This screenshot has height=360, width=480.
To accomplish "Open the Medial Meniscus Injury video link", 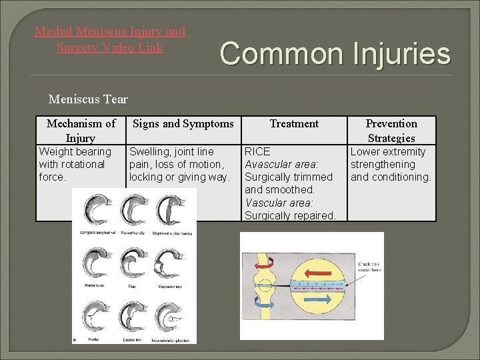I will click(110, 39).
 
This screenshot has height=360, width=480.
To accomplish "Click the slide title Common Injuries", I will click(335, 53).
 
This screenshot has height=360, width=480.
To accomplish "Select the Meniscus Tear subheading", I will click(88, 100).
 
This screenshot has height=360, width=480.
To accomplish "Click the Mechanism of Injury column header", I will click(81, 131).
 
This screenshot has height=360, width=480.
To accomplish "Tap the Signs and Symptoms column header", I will click(183, 123).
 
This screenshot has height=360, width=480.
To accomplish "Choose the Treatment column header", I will click(294, 123).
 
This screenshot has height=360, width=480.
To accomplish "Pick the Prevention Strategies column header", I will click(391, 131).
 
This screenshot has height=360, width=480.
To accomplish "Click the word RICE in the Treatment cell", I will click(257, 151).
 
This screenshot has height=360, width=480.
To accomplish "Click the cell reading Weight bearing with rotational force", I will click(75, 164).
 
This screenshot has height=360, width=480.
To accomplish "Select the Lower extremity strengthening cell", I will click(391, 164).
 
